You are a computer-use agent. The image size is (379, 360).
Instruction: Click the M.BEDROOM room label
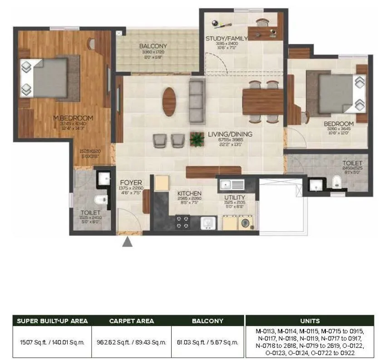73,118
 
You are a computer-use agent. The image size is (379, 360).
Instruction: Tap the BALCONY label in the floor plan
153,46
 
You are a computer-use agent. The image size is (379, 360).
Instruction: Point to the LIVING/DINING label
230,134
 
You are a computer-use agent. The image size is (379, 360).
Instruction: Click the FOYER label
131,183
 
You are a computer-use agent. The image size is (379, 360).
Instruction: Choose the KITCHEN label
189,194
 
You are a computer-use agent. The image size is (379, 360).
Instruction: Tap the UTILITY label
235,197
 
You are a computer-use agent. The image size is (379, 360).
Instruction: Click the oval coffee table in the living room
169,101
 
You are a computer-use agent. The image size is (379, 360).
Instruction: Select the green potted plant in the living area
197,139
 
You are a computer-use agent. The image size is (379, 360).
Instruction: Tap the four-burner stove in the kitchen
182,222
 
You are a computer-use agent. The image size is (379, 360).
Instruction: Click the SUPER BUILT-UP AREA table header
52,321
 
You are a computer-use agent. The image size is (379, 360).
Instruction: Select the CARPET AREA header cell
132,321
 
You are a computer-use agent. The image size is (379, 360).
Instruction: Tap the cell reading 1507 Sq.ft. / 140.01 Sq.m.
52,342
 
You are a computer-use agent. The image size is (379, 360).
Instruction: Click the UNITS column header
310,321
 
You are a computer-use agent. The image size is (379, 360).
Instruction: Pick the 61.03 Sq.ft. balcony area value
208,342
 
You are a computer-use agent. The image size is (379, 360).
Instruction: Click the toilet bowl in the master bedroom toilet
100,199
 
